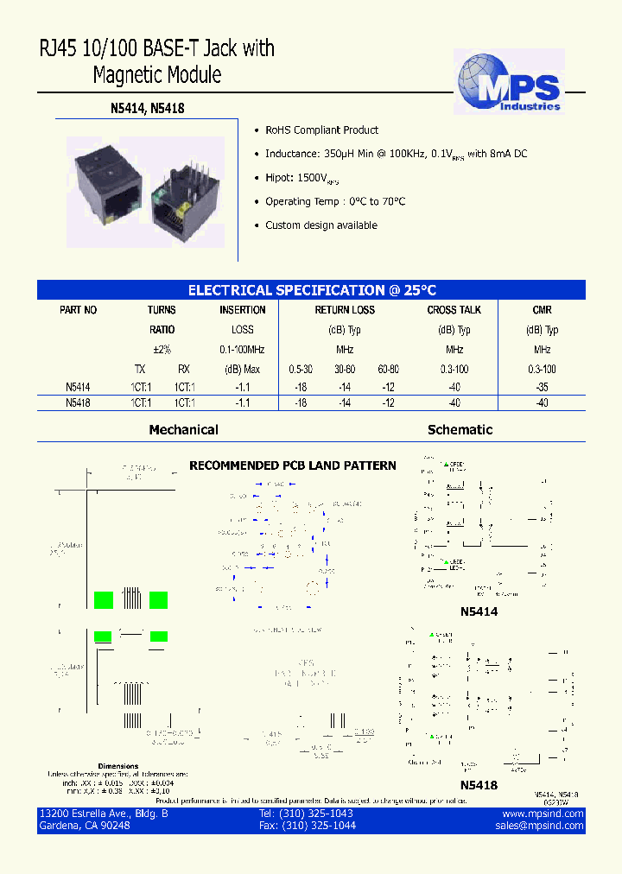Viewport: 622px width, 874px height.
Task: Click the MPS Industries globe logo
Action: [x=509, y=82]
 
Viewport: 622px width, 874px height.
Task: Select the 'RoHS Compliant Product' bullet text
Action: [x=321, y=130]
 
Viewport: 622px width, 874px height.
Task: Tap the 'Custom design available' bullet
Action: [x=321, y=225]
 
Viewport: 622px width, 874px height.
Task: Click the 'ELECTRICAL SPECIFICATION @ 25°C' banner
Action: [x=312, y=291]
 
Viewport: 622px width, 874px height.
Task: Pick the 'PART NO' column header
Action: [x=78, y=310]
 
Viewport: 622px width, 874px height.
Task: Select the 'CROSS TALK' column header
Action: [x=454, y=310]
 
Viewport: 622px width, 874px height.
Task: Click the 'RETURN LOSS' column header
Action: [x=344, y=310]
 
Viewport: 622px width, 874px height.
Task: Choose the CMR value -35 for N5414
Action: [x=542, y=389]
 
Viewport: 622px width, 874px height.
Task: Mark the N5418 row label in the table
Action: [x=78, y=403]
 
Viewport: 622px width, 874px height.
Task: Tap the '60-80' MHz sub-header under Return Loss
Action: [x=388, y=370]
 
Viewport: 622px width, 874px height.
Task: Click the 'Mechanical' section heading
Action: [x=183, y=430]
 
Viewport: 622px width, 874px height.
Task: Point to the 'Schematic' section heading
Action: [x=460, y=430]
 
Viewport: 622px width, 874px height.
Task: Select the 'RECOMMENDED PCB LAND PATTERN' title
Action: [x=293, y=466]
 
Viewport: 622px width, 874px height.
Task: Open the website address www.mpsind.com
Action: [x=543, y=814]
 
